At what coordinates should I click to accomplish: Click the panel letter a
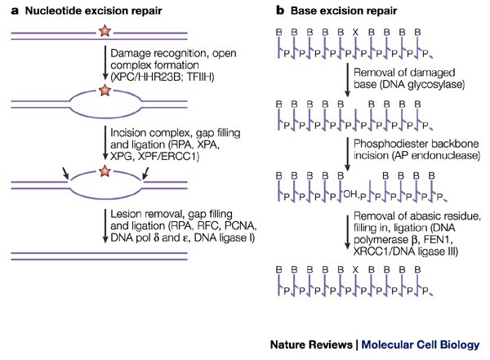15,11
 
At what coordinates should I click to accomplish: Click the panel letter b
280,11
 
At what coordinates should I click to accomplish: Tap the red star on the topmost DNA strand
105,31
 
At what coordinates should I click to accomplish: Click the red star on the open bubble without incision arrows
105,90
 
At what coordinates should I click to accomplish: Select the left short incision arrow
65,173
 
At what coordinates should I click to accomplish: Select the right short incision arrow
145,173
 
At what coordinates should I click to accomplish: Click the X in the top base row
355,32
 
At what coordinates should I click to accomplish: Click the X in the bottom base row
355,269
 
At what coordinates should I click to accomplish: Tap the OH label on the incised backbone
350,194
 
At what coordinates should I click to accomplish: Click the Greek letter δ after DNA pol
156,238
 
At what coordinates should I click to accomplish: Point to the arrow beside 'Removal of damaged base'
347,80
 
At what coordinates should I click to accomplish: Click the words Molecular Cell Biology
421,344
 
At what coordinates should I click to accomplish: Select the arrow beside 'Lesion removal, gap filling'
105,225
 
